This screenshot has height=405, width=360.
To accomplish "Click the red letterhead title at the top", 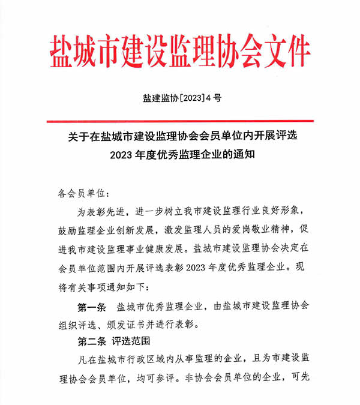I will coord(179,50).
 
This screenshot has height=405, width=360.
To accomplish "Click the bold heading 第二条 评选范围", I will coord(115,342).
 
